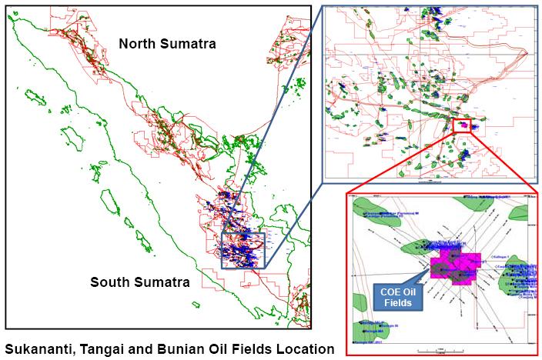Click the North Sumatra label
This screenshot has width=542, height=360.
coord(167,44)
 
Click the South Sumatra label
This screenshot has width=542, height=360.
coord(139,282)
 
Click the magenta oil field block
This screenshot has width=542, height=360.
coord(456,266)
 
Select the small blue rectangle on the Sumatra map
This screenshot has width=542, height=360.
coord(243,250)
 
